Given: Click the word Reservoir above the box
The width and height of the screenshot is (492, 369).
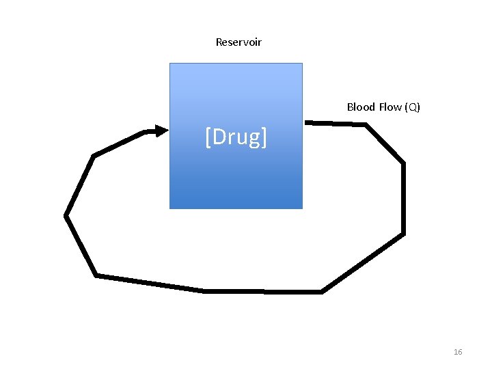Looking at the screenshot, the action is [238, 42].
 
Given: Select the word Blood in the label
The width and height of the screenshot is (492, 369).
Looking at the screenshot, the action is [361, 107].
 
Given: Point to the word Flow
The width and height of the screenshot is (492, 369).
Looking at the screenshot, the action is [390, 107].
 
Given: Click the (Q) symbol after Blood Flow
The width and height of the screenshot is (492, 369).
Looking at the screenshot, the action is [413, 107].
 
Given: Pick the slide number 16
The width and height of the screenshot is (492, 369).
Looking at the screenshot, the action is [458, 352].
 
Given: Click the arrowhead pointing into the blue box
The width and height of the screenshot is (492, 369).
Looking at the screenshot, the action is [161, 131].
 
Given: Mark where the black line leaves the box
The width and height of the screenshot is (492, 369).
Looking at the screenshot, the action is [305, 122].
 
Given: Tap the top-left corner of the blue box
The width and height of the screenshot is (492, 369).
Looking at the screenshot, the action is [170, 64].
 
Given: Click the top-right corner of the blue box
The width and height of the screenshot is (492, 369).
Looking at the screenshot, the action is [301, 64].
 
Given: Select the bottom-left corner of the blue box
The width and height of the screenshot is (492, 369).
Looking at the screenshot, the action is [170, 208].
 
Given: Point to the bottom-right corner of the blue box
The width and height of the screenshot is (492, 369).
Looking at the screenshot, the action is [301, 208].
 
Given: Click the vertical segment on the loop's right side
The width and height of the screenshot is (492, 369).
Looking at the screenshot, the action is [403, 198].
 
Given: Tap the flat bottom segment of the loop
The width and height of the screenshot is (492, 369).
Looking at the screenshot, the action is [263, 291].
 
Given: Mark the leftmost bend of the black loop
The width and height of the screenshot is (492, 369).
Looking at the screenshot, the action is [66, 216].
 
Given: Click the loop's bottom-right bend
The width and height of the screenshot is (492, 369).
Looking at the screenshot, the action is [322, 291].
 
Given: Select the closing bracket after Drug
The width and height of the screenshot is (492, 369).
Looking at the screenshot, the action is [264, 137].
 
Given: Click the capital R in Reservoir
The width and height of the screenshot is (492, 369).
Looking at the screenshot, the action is [219, 42].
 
